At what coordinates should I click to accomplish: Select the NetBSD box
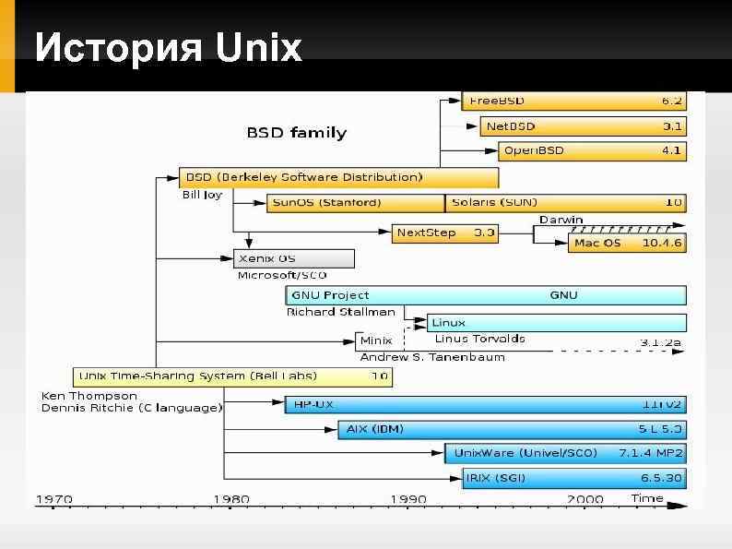coord(584,125)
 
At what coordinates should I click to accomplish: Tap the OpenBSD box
coord(593,149)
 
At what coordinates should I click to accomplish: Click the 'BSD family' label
coord(296,132)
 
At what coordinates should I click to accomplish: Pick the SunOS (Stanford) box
coord(356,202)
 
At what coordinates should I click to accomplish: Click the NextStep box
coord(445,233)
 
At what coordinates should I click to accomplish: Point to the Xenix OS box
coord(293,258)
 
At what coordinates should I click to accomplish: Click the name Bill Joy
coord(202,196)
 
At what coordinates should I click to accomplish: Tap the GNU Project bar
coord(486,295)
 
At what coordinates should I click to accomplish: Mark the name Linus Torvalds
coord(479,339)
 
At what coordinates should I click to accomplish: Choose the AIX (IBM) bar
coord(513,429)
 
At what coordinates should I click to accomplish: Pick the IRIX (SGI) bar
coord(574,477)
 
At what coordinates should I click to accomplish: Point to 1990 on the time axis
coord(407,499)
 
